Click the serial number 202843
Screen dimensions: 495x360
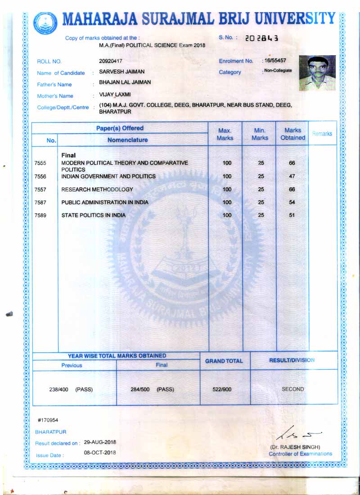pos(262,38)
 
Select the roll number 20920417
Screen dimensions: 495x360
pos(111,61)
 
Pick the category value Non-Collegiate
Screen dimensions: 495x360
pos(278,71)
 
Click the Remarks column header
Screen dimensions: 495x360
pos(322,134)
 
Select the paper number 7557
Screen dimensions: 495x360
pos(40,189)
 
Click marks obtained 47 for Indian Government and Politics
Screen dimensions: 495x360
pos(292,176)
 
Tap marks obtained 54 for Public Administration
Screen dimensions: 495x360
pos(292,202)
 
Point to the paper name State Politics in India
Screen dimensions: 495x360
pos(94,215)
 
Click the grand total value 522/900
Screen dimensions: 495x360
pos(222,389)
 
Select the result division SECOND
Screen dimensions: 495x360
pos(292,389)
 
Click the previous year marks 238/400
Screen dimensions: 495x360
pos(58,389)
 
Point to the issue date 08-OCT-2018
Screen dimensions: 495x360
pos(100,453)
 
